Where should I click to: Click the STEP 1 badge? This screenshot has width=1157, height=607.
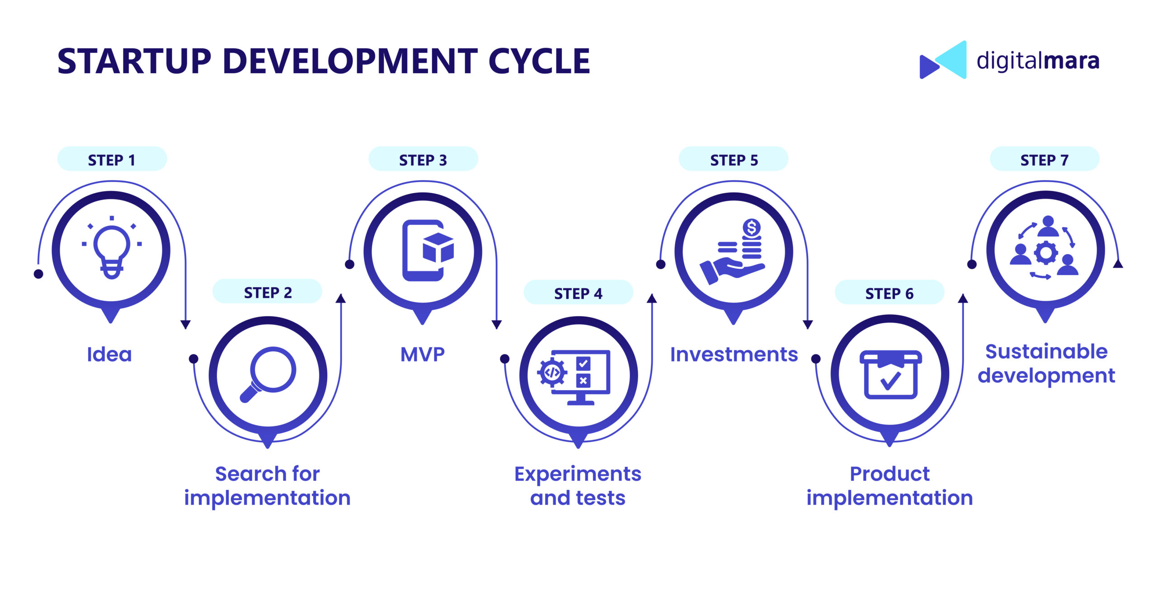tap(112, 159)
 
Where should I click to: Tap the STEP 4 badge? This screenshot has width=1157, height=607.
tap(578, 293)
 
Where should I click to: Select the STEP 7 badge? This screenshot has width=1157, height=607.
tap(1044, 159)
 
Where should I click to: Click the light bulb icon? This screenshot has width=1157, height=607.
tap(112, 248)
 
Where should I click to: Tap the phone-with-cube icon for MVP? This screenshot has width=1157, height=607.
tap(427, 251)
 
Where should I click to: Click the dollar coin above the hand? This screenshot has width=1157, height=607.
tap(752, 227)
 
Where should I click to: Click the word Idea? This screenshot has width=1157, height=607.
tap(109, 355)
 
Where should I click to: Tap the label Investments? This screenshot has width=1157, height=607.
tap(734, 355)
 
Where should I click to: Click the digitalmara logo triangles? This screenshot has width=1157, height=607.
tap(943, 60)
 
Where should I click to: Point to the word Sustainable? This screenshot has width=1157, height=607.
tap(1046, 351)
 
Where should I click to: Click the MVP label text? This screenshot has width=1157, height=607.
tap(423, 355)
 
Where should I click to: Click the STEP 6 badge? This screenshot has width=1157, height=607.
tap(889, 293)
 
